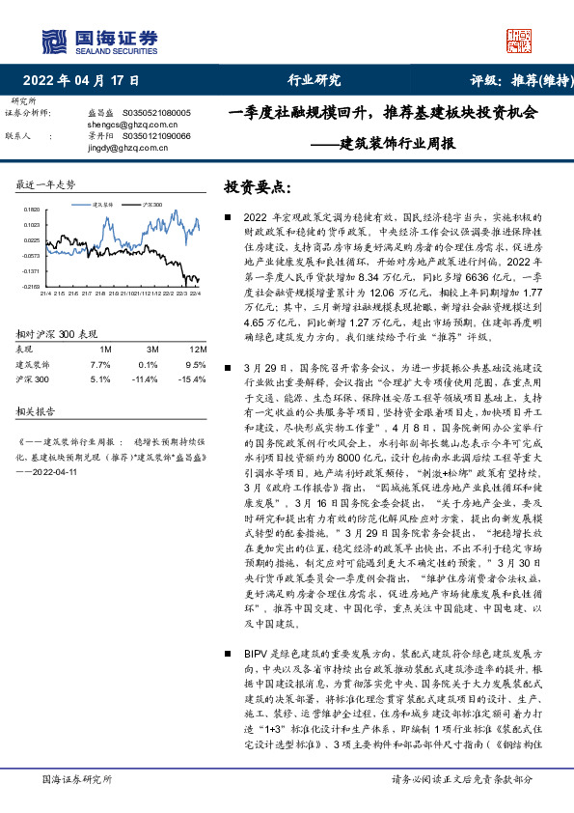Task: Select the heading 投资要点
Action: pos(257,184)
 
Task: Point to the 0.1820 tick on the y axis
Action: pos(32,210)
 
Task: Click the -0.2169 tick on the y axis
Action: pos(31,287)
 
